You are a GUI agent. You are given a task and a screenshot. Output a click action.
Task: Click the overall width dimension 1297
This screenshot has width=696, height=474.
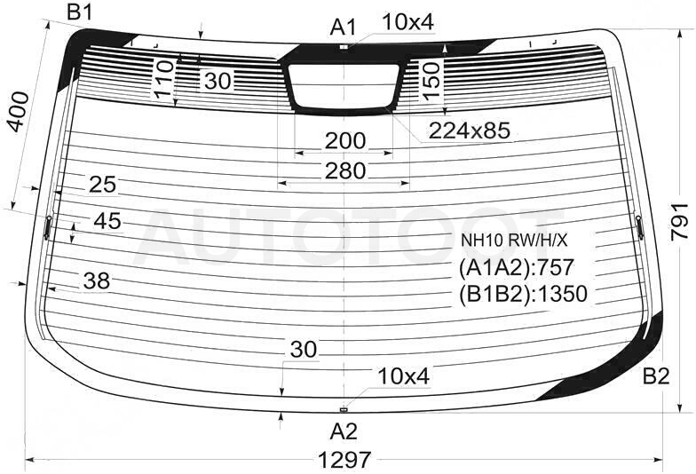(x=344, y=460)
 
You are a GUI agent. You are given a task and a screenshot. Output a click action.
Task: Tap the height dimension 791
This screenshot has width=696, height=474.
(x=680, y=222)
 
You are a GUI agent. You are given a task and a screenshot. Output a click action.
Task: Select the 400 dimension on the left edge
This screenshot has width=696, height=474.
(x=18, y=112)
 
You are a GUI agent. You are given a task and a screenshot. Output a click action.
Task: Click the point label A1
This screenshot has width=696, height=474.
(x=343, y=28)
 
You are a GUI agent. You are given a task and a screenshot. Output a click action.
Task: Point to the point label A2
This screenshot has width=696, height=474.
(x=344, y=431)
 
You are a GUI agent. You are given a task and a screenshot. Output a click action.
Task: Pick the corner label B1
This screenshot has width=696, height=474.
(x=80, y=12)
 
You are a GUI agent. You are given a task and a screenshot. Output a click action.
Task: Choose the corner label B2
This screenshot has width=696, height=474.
(x=656, y=376)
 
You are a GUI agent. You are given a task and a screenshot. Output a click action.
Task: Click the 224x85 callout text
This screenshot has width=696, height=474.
(x=470, y=130)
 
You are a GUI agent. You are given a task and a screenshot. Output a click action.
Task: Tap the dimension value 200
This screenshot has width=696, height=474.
(x=344, y=141)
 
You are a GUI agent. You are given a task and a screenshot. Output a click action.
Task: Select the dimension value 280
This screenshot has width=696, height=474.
(x=344, y=170)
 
